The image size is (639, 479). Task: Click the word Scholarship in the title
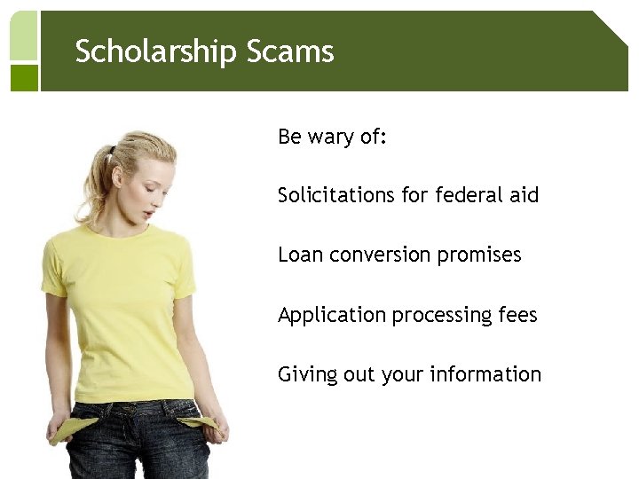coord(141,52)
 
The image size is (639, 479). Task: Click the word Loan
coord(300,255)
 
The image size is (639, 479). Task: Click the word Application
coord(331,316)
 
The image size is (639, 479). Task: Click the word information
coord(485,374)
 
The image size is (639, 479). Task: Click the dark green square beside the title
coord(25,77)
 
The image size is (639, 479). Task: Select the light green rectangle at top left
coord(24,35)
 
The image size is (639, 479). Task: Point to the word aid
coord(525,194)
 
